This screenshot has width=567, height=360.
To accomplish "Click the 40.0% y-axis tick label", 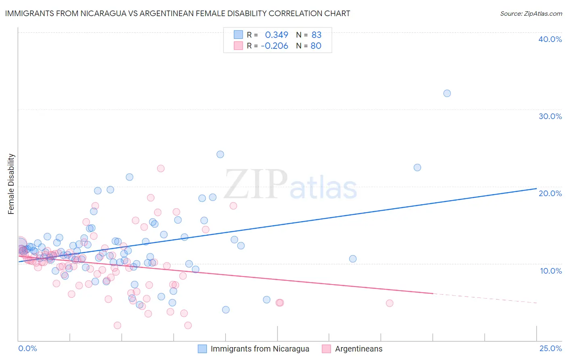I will pos(550,39).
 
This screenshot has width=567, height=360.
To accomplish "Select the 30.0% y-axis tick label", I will pos(550,116).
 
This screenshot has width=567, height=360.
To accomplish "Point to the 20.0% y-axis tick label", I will pos(550,193).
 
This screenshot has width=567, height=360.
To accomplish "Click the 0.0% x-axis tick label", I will pos(27,348).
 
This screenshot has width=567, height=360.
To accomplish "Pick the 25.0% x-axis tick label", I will pos(550,348).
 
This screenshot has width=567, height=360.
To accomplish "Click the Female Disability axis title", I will pos(11,184).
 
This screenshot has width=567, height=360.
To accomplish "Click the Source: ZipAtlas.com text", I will pos(531,13).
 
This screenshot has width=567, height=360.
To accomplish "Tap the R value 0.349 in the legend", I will pos(276,35).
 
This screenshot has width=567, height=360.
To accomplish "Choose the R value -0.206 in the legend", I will pos(274,46).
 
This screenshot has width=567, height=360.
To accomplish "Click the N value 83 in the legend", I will pos(316,35).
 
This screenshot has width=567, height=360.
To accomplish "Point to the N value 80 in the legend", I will pos(316,46).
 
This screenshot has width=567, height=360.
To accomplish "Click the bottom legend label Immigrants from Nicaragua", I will pos(260,349).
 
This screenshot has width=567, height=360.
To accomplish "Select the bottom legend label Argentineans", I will pos(359,349).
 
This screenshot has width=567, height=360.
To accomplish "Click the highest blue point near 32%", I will pos(447,93).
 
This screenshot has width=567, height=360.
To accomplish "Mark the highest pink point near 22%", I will pos(161,168).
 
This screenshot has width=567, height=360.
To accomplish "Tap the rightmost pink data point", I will pos(389,303).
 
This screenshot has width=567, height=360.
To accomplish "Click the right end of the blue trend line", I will pos(536,188).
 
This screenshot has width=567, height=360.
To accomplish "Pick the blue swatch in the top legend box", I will pos(238,35).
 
